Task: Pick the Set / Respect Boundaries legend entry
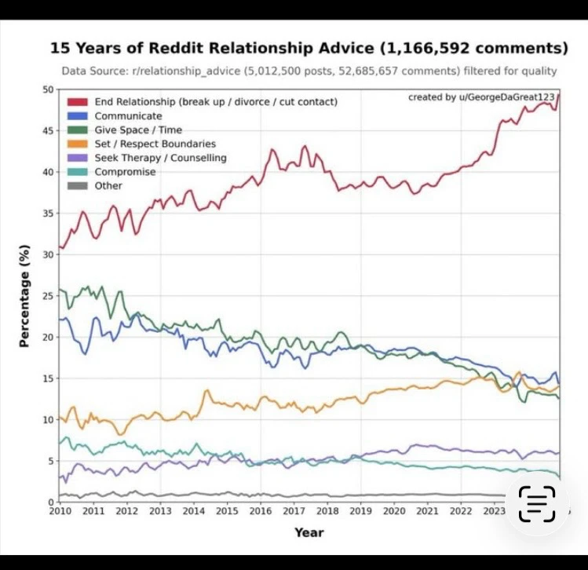point(155,144)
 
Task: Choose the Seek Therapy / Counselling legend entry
point(160,158)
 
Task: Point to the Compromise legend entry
point(125,172)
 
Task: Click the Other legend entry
point(108,186)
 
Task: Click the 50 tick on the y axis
point(49,90)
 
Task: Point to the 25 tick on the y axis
point(49,296)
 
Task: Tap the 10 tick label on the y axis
point(49,419)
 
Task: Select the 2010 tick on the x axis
point(60,511)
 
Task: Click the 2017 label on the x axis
point(294,511)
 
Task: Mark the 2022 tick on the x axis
point(461,511)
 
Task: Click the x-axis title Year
point(309,532)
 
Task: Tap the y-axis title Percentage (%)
point(24,295)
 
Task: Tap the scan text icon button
point(538,504)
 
